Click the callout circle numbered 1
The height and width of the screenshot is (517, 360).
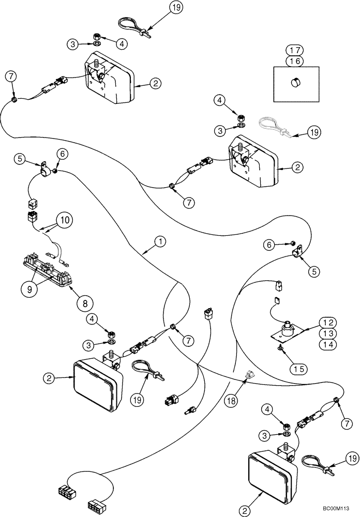pos(160,241)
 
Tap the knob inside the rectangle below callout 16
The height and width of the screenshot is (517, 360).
pos(296,82)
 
